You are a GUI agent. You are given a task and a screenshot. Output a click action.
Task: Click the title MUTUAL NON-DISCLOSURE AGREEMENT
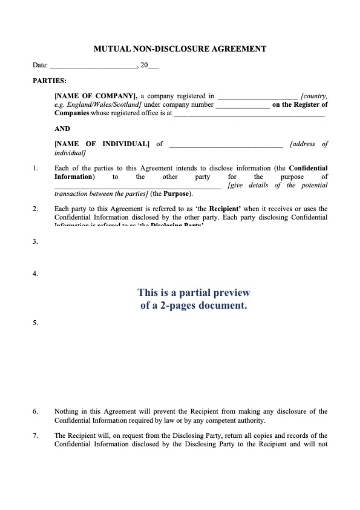point(179,46)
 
